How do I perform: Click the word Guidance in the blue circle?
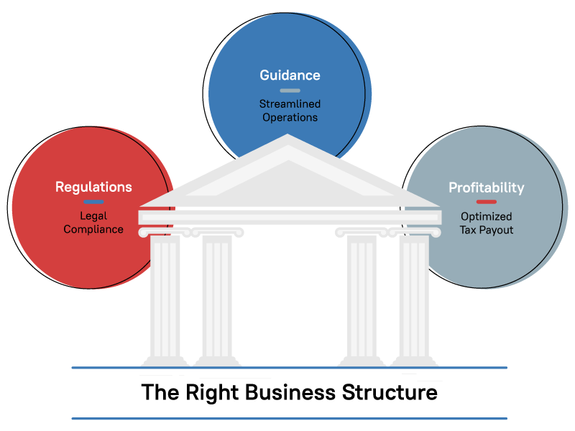click(x=290, y=75)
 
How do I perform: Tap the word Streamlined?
click(x=290, y=104)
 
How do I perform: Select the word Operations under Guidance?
click(x=290, y=117)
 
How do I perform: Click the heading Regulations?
click(x=93, y=187)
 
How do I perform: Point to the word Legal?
click(x=93, y=215)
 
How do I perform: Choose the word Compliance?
click(x=93, y=229)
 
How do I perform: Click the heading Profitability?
click(x=487, y=187)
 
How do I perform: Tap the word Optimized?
click(x=487, y=216)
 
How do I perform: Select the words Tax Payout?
click(x=487, y=230)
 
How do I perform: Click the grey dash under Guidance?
click(x=290, y=91)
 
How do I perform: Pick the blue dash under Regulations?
click(x=93, y=201)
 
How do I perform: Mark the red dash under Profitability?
click(x=487, y=202)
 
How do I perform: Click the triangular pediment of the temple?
click(x=289, y=176)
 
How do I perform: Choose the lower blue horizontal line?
click(x=289, y=418)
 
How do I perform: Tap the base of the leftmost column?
click(x=165, y=361)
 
